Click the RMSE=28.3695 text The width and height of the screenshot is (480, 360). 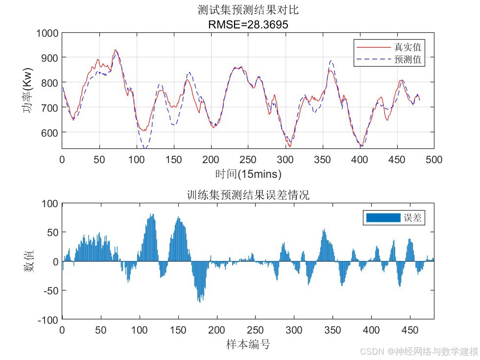248,24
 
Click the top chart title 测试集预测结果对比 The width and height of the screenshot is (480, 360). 248,10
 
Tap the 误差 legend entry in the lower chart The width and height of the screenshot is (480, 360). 412,218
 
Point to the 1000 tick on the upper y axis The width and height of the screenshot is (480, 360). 48,33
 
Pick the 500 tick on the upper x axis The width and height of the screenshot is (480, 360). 434,160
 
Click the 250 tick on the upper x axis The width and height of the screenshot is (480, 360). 248,160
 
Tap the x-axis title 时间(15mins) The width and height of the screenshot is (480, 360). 248,174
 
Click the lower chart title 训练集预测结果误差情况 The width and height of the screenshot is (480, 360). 248,195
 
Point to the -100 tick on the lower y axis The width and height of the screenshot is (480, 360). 48,320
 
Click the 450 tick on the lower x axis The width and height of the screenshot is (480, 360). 410,330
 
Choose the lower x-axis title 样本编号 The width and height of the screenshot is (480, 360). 248,344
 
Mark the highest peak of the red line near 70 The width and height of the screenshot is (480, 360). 116,49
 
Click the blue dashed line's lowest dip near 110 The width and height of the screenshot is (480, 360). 144,147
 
